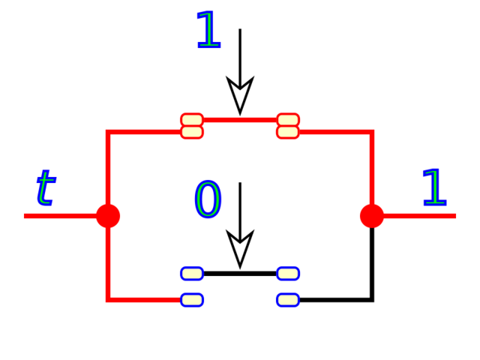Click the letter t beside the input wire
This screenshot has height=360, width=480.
(x=45, y=187)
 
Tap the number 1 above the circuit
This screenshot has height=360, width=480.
(x=208, y=31)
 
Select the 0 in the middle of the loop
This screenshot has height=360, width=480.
(x=208, y=199)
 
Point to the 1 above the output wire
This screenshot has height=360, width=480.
(x=433, y=188)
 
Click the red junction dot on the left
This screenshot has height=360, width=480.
(x=108, y=216)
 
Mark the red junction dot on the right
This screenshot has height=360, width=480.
(x=372, y=216)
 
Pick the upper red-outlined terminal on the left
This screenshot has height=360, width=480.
(x=192, y=120)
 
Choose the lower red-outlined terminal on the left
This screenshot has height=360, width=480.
(x=192, y=132)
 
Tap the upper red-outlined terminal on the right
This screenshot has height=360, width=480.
(x=288, y=120)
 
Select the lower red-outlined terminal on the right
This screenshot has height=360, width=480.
(x=288, y=132)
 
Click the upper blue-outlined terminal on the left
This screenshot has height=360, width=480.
(x=192, y=273)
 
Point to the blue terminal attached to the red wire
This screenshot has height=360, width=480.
(x=192, y=300)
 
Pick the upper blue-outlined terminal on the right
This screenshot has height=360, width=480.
(x=288, y=273)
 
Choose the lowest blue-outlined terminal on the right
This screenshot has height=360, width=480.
(x=288, y=300)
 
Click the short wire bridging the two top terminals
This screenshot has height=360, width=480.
(x=240, y=120)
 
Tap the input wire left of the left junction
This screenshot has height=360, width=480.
(x=60, y=216)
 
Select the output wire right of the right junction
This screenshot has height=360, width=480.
(x=420, y=216)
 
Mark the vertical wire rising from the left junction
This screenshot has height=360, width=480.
(x=108, y=169)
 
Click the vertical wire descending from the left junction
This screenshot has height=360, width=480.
(x=108, y=262)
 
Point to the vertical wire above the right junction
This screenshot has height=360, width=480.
(x=372, y=169)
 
